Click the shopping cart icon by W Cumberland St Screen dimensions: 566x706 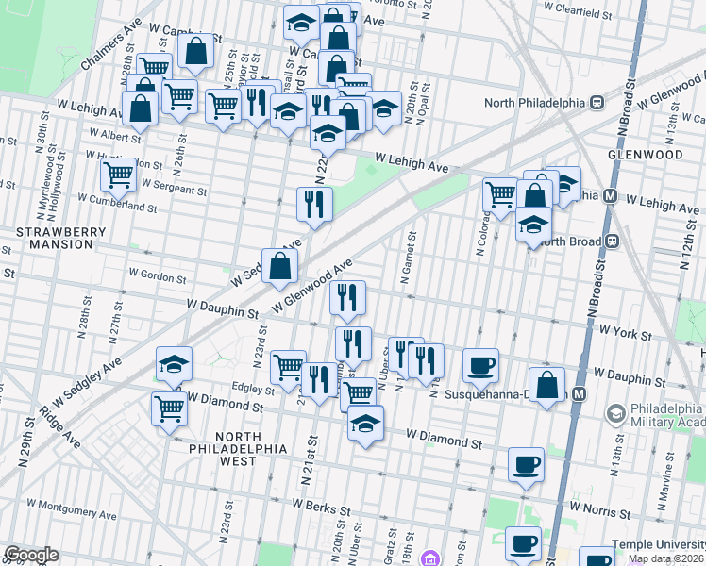coord(118,175)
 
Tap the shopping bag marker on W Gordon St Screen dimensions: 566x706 coord(280,269)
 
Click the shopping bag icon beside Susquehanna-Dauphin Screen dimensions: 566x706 coord(546,384)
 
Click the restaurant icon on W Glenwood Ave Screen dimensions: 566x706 coord(347,298)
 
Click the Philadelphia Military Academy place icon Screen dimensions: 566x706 coord(615,413)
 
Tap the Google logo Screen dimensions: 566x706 coord(31,555)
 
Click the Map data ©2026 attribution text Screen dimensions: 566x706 coord(664,558)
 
